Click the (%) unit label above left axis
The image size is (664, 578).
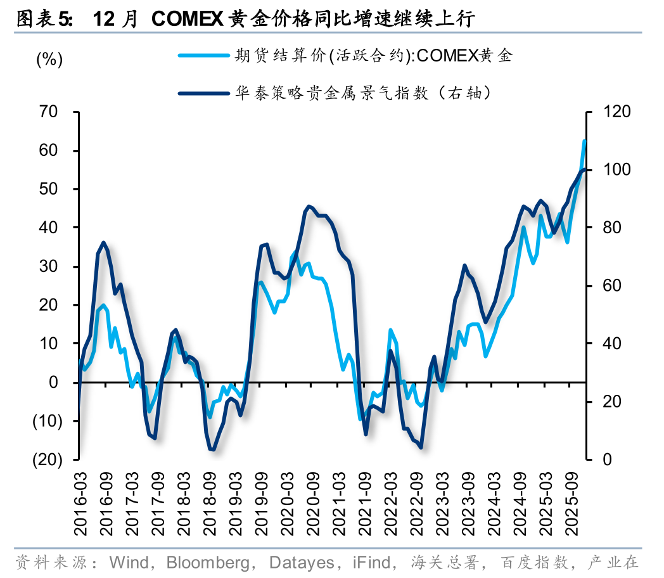click(x=49, y=60)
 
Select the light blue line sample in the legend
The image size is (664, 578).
click(x=203, y=56)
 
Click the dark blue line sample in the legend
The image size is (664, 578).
click(x=203, y=94)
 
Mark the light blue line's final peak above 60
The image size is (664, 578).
click(x=584, y=141)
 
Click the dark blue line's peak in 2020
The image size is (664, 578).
click(x=309, y=207)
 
